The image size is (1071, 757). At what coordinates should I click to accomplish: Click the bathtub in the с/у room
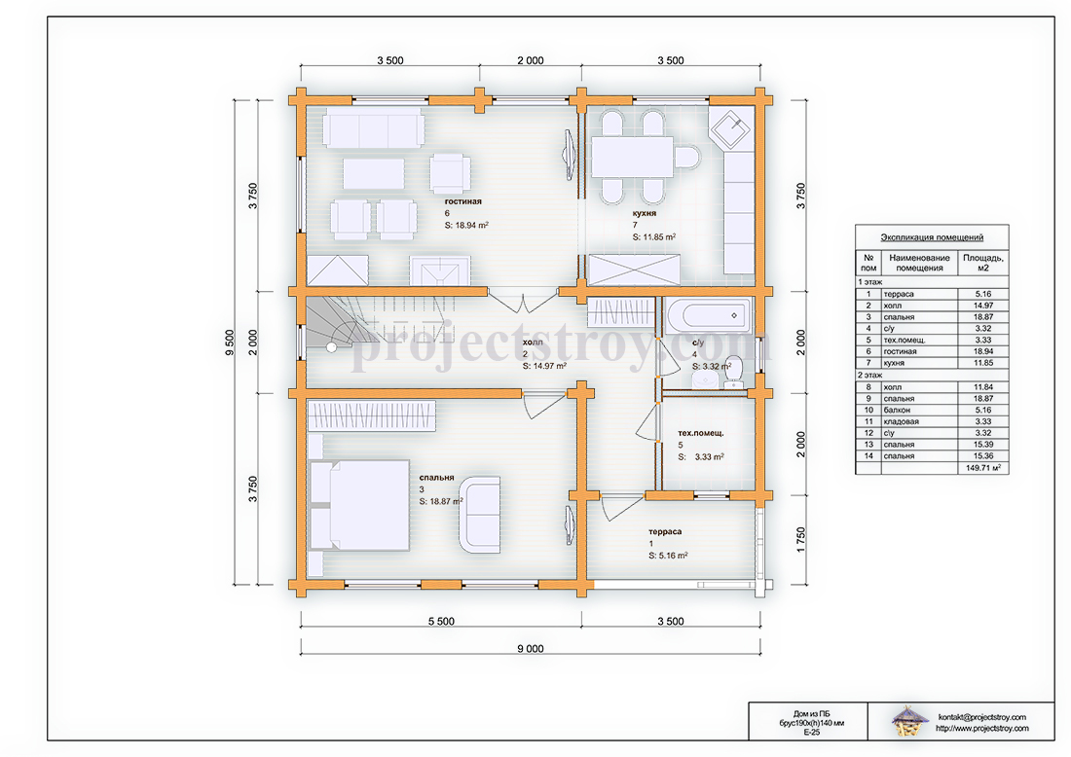(708, 315)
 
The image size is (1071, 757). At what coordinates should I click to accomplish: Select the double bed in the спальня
(359, 505)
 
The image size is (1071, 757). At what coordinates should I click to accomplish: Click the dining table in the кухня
(633, 157)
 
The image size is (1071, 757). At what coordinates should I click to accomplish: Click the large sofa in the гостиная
(374, 126)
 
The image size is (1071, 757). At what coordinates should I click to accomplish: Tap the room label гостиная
(463, 201)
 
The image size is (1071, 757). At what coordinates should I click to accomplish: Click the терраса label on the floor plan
(665, 531)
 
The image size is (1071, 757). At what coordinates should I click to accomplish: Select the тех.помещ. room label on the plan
(701, 433)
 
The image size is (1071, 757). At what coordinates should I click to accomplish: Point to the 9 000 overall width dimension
(531, 648)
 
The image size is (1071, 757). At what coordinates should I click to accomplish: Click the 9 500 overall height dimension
(230, 342)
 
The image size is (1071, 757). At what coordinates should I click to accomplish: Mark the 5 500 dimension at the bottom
(441, 621)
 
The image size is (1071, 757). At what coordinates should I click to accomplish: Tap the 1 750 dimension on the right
(800, 540)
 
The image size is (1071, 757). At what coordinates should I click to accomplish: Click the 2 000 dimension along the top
(531, 60)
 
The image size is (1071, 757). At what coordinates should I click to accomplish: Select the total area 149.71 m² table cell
(983, 468)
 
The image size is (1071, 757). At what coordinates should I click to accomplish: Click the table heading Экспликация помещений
(932, 236)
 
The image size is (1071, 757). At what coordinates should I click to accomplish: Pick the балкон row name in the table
(896, 411)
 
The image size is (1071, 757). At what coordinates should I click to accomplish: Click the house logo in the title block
(909, 721)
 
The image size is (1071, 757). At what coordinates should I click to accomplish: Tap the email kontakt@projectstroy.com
(982, 717)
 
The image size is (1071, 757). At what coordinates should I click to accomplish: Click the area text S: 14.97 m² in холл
(544, 366)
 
